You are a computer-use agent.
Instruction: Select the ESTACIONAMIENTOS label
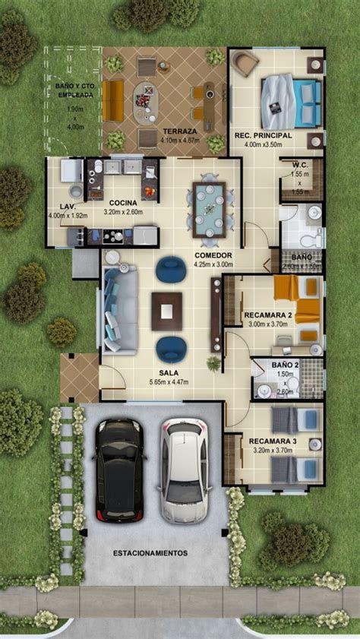tap(150, 553)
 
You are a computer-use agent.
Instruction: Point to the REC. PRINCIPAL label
tap(257, 134)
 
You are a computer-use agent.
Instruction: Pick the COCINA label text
tap(122, 202)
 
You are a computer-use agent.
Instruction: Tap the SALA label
tap(169, 372)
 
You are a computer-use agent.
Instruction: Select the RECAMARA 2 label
tap(268, 314)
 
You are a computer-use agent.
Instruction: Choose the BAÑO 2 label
tap(285, 365)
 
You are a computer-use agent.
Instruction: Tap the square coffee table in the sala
tap(166, 311)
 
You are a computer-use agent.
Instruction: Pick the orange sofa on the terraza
tap(113, 101)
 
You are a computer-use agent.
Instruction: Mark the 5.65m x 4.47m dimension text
tap(169, 383)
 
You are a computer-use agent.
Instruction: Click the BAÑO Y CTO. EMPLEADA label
tap(74, 91)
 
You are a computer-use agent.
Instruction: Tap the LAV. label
tap(68, 206)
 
